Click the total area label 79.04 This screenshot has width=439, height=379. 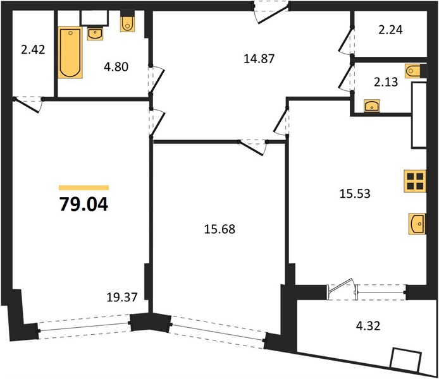pyautogui.click(x=83, y=204)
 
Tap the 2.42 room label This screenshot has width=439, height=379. pyautogui.click(x=33, y=50)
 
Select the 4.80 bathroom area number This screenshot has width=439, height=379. pyautogui.click(x=116, y=67)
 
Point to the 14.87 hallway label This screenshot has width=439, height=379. pyautogui.click(x=259, y=59)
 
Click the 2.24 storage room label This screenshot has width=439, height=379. pyautogui.click(x=390, y=30)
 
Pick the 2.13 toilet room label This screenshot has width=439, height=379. pyautogui.click(x=386, y=82)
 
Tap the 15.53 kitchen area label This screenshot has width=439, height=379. pyautogui.click(x=355, y=193)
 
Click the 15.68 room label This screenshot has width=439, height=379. pyautogui.click(x=219, y=229)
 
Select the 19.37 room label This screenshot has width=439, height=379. pyautogui.click(x=122, y=298)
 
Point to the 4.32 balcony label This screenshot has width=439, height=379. pyautogui.click(x=368, y=326)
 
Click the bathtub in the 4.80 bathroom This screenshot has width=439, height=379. pyautogui.click(x=70, y=52)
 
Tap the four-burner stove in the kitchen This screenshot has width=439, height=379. pyautogui.click(x=415, y=181)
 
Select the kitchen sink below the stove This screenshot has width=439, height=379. pyautogui.click(x=417, y=224)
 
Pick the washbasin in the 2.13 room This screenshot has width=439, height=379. pyautogui.click(x=372, y=105)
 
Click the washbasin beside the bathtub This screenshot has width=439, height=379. pyautogui.click(x=95, y=34)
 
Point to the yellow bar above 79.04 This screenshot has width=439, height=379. pyautogui.click(x=83, y=188)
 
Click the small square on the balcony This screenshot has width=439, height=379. pyautogui.click(x=405, y=360)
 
